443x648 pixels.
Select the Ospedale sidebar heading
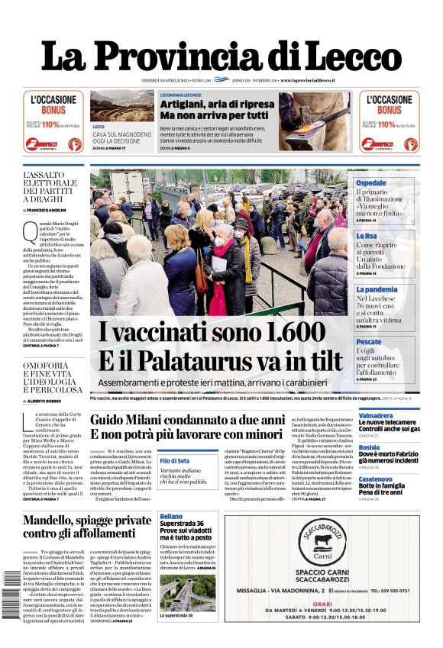coord(371,183)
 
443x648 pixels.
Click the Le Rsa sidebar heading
coord(367,236)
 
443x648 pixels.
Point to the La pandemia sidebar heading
coord(377,289)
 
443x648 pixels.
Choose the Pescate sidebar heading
coord(369,342)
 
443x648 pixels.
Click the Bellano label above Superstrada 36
coord(172,516)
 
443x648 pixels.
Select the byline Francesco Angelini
coord(50,209)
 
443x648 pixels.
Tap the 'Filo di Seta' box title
coord(175,461)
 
